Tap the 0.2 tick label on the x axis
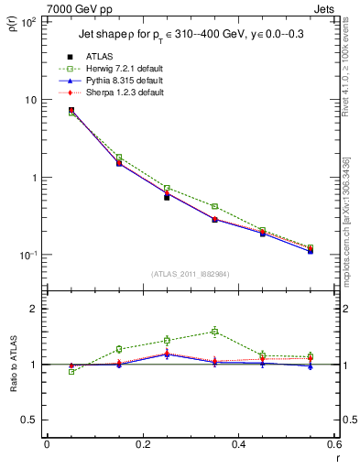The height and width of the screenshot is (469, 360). click(x=142, y=443)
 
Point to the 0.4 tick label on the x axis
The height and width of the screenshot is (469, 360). click(x=238, y=443)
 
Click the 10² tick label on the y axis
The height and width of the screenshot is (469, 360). click(x=27, y=21)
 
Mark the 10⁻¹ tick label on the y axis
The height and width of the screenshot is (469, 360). click(x=27, y=255)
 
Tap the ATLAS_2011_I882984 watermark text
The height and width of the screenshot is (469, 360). click(x=191, y=273)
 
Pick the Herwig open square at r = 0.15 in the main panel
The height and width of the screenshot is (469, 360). click(x=119, y=158)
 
